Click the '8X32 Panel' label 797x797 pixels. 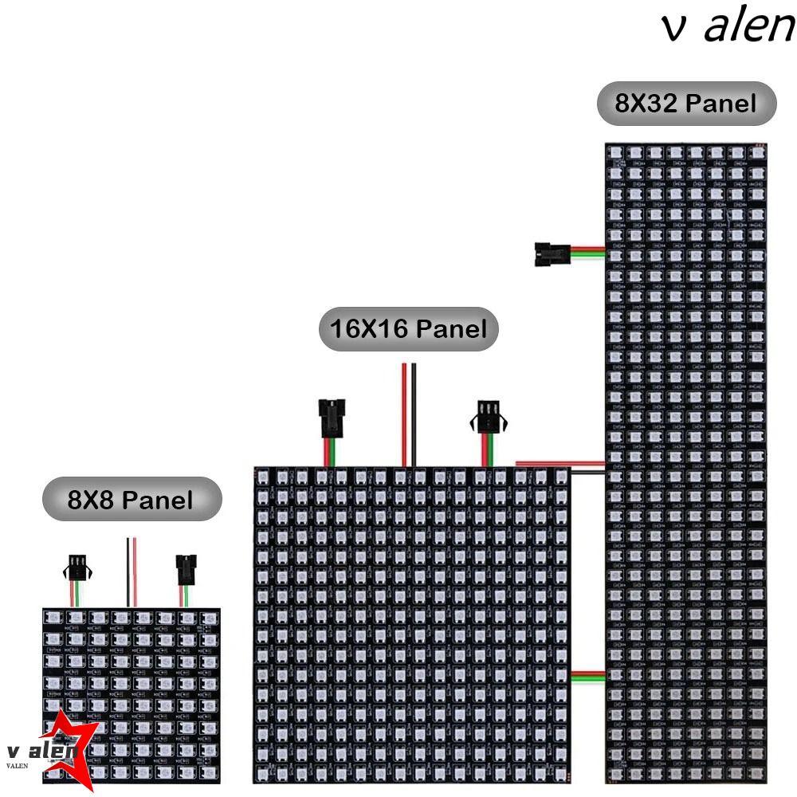pyautogui.click(x=686, y=103)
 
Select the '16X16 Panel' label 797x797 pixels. pyautogui.click(x=408, y=328)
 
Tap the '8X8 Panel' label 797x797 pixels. pyautogui.click(x=131, y=500)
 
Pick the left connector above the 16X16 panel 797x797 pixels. pyautogui.click(x=328, y=418)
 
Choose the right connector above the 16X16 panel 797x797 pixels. pyautogui.click(x=488, y=417)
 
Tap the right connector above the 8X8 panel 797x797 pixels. pyautogui.click(x=185, y=569)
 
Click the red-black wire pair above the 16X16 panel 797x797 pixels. pyautogui.click(x=408, y=414)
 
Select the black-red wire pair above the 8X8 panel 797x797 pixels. pyautogui.click(x=131, y=571)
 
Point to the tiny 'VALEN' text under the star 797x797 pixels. pyautogui.click(x=17, y=765)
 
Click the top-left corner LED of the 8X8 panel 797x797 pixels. pyautogui.click(x=53, y=618)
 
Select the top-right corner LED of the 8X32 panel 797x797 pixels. pyautogui.click(x=757, y=151)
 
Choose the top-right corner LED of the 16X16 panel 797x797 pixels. pyautogui.click(x=560, y=477)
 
